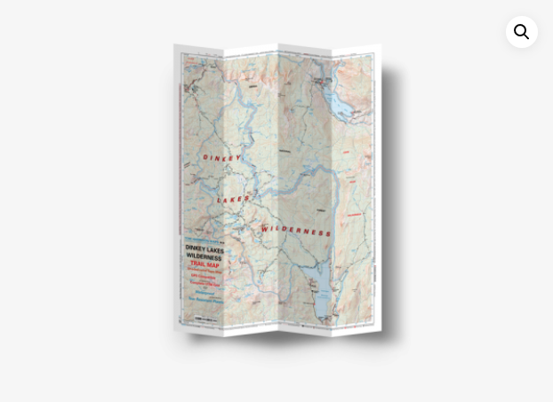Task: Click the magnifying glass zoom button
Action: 522,32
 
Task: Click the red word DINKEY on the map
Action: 222,158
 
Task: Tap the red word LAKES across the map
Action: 234,200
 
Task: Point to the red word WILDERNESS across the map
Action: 296,230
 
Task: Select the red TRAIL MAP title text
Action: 204,264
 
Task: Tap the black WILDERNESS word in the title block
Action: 204,257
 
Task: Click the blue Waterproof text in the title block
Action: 205,293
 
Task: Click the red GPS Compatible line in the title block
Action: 204,276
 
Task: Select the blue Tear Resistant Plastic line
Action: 205,300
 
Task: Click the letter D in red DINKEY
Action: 205,159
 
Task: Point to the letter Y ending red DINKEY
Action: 238,157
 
